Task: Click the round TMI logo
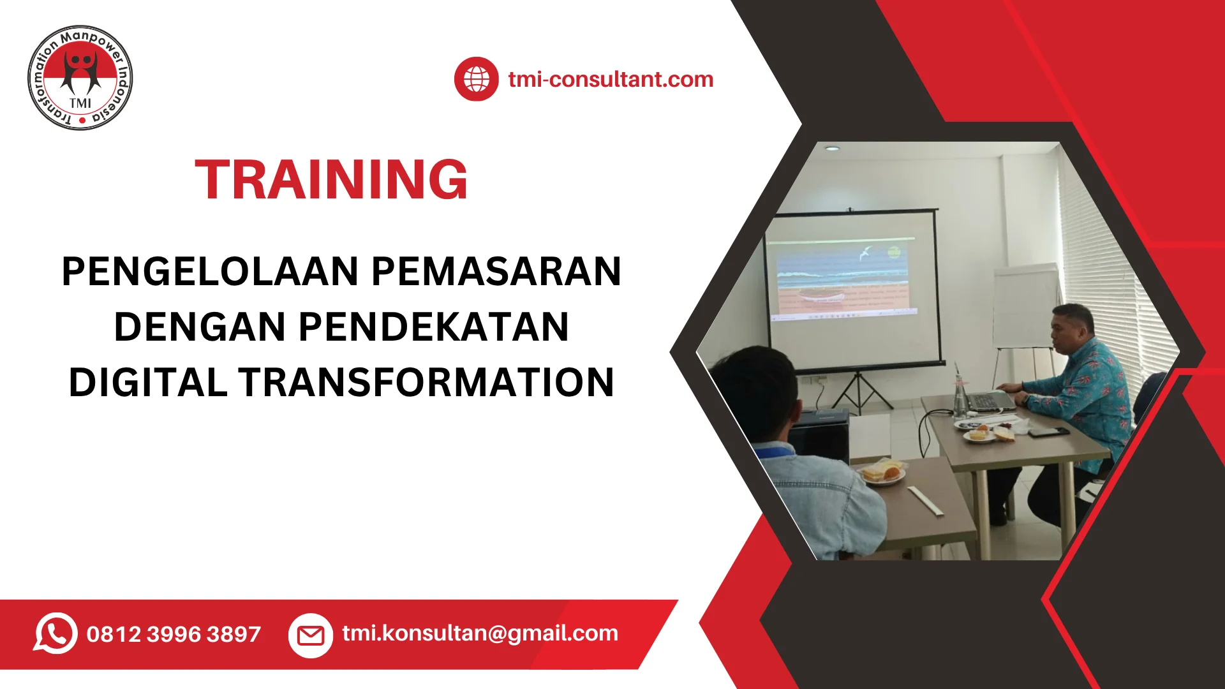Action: pyautogui.click(x=80, y=78)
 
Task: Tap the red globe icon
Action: pyautogui.click(x=476, y=79)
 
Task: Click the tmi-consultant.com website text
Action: pyautogui.click(x=611, y=79)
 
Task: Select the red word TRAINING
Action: pyautogui.click(x=331, y=180)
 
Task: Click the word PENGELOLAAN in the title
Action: pyautogui.click(x=211, y=272)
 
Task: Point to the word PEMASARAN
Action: pyautogui.click(x=496, y=272)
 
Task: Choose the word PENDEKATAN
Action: pyautogui.click(x=433, y=327)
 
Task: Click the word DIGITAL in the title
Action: pyautogui.click(x=148, y=383)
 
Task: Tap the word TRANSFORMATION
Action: pyautogui.click(x=427, y=383)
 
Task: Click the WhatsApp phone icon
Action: pyautogui.click(x=56, y=633)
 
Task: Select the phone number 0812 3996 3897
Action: pyautogui.click(x=174, y=634)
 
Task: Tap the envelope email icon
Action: pyautogui.click(x=311, y=635)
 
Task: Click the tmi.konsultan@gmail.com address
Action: pyautogui.click(x=480, y=633)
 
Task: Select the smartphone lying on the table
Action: pyautogui.click(x=1048, y=432)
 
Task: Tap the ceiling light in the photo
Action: pyautogui.click(x=831, y=148)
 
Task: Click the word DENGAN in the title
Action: pyautogui.click(x=200, y=327)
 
